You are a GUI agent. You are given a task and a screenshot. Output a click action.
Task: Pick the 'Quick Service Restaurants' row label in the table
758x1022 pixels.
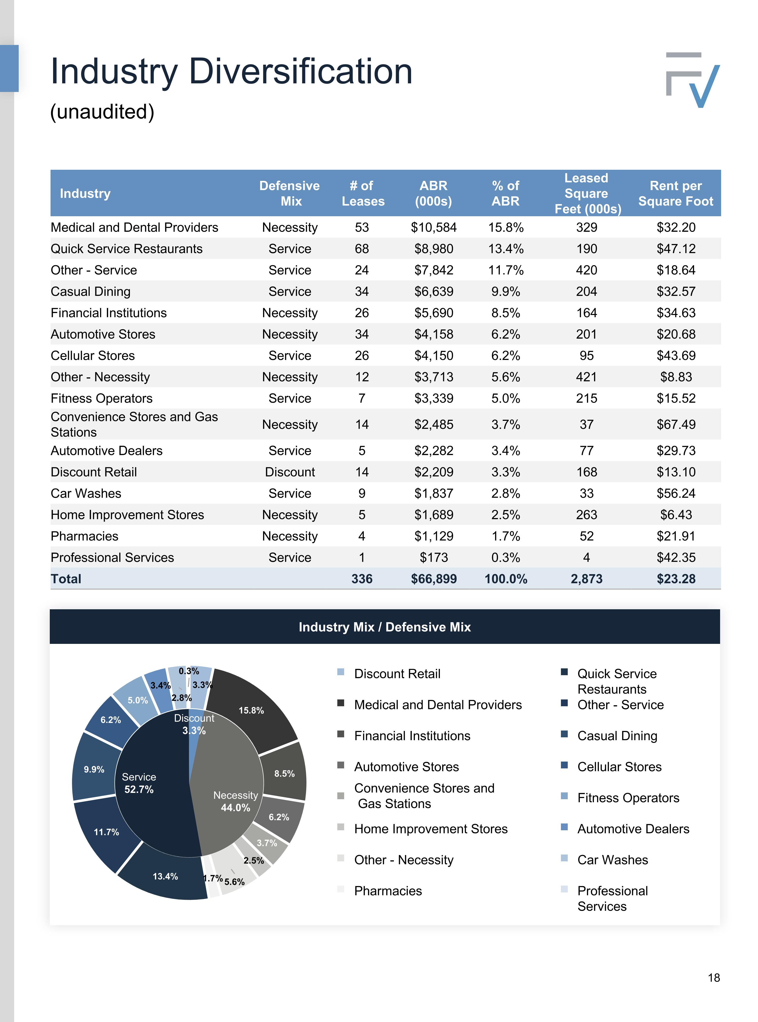pos(127,249)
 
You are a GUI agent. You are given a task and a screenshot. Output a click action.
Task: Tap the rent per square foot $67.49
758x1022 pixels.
pos(676,424)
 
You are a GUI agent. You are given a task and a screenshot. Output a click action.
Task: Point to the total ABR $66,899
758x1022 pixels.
pos(434,579)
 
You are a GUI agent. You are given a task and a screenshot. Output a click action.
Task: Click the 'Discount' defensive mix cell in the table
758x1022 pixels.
pos(290,472)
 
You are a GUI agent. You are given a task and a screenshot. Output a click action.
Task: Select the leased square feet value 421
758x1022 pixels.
pos(586,377)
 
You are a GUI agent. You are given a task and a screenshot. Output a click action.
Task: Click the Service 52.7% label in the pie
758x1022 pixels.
pos(138,783)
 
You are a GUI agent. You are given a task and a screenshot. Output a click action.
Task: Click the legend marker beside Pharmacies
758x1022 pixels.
pos(340,889)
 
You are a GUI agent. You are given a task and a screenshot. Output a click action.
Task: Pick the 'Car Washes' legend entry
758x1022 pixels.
pos(612,860)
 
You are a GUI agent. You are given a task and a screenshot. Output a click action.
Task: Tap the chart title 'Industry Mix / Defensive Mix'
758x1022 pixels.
pos(385,627)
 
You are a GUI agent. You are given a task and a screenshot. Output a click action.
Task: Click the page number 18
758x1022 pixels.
pos(714,978)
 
